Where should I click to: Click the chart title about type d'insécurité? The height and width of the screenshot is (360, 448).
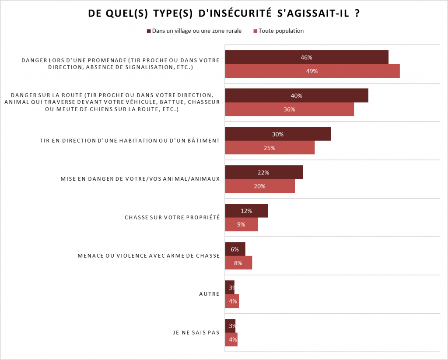224,14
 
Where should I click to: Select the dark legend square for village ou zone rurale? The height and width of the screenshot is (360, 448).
149,31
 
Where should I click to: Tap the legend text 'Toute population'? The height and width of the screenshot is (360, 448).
281,31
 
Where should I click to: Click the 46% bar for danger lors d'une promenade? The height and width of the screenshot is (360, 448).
306,57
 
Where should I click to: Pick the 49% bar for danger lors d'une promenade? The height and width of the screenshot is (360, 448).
312,71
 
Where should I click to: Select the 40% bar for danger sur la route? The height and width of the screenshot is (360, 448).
296,96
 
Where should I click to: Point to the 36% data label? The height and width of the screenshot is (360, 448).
289,109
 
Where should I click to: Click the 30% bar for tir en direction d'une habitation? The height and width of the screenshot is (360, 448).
278,134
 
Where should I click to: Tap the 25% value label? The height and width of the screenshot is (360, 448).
269,148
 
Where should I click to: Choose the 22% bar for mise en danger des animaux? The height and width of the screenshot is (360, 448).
263,172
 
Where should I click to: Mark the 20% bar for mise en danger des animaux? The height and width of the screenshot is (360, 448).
260,186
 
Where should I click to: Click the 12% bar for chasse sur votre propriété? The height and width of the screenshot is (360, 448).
246,211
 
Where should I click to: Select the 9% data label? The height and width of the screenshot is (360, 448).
241,224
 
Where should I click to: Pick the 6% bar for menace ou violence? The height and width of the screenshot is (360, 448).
235,249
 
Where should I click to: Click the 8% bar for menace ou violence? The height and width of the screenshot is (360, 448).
238,263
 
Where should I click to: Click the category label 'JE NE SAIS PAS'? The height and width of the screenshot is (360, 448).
196,332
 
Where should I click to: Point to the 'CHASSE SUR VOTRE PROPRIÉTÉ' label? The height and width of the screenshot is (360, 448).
172,217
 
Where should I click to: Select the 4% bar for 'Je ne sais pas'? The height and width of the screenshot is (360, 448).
231,339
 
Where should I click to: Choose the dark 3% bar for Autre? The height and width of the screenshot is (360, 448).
230,287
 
